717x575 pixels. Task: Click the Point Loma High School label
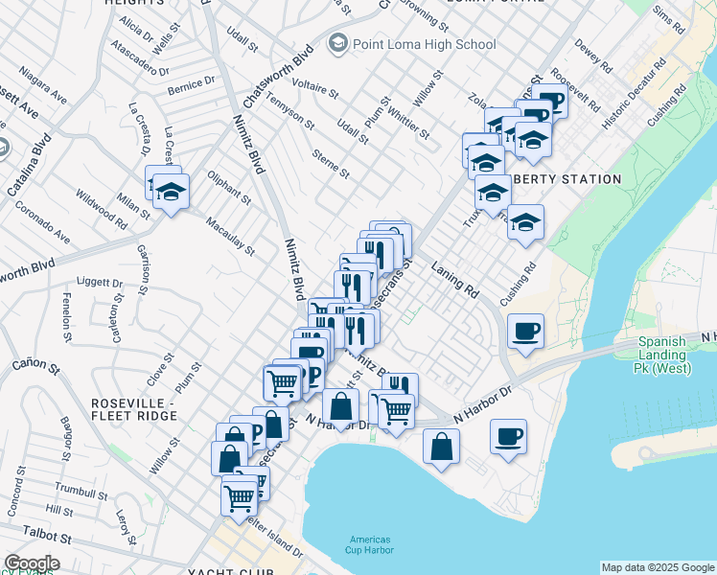click(424, 44)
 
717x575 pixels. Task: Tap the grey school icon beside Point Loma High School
click(336, 43)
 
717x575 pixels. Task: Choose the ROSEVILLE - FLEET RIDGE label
click(133, 409)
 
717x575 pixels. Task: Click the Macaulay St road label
click(230, 237)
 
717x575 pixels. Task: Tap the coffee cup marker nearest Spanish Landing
click(525, 332)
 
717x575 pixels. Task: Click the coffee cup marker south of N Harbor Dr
click(508, 437)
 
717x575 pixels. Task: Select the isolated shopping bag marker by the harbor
click(440, 446)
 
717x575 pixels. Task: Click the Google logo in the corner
click(32, 563)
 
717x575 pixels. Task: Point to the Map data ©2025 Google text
click(657, 567)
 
